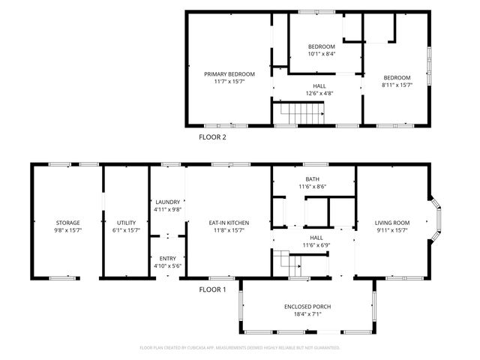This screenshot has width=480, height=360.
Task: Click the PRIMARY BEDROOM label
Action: coord(229,74)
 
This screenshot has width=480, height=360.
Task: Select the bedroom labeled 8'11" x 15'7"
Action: coord(397,78)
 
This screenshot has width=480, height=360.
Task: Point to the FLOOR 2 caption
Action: coord(212,137)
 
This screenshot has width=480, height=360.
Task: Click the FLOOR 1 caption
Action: coord(212,289)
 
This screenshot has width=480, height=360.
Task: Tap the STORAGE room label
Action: coord(67,223)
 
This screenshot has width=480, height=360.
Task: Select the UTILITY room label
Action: coord(126,223)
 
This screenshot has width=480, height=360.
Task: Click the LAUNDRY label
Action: coord(167,202)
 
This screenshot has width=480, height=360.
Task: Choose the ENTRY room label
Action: coord(167,259)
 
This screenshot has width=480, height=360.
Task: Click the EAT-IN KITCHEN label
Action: coord(229,223)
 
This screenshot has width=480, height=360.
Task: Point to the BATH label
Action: coord(312,179)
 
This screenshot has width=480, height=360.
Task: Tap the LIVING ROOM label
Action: coord(392,223)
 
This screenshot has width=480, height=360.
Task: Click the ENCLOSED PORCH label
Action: coord(307,307)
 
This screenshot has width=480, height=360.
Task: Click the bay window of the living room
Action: coord(439,221)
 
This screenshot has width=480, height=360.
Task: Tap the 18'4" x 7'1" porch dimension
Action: coord(307,315)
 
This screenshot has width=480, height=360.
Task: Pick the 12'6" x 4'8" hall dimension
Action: coord(319,94)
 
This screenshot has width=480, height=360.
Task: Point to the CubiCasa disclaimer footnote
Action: coord(240,348)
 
